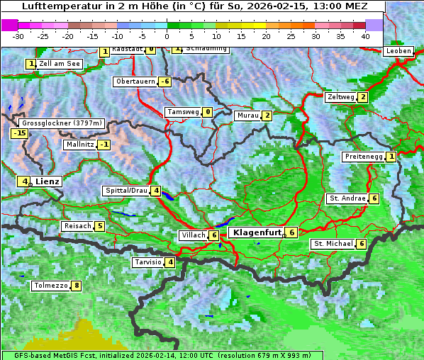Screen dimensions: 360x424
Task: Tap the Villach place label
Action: coord(193,235)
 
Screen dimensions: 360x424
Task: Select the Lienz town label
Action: coord(48,181)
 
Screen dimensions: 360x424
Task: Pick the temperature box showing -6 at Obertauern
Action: coord(164,81)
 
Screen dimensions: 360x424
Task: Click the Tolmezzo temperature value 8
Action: coord(77,286)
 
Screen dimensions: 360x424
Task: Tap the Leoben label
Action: coord(398,51)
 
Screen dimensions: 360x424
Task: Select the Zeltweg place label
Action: coord(340,97)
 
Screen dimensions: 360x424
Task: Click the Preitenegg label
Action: coord(363,157)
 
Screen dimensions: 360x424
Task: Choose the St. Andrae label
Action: coord(347,198)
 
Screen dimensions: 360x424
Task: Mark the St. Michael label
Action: coord(333,244)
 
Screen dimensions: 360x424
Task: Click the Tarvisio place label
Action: coord(147,262)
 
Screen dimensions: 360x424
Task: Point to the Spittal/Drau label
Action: coord(125,191)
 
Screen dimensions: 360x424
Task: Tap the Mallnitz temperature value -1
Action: coord(104,145)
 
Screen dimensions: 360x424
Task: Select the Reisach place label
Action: coord(77,226)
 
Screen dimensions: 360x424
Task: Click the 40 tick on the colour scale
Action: coord(365,35)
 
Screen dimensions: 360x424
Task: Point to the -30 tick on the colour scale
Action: coord(18,35)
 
